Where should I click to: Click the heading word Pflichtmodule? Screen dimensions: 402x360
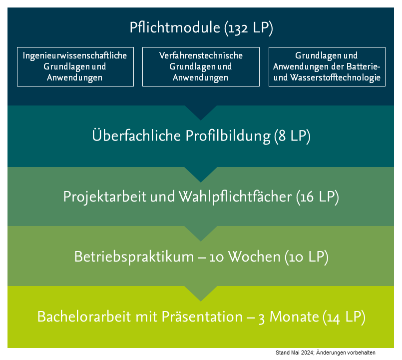tap(175, 27)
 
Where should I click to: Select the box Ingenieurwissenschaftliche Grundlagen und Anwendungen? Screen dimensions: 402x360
tap(75, 67)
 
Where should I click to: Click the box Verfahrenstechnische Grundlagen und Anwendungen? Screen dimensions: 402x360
tap(201, 67)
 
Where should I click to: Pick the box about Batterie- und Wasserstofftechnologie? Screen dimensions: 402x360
tap(327, 67)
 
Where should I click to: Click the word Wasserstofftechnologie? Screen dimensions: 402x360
tap(336, 77)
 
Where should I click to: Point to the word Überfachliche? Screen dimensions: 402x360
tap(136, 135)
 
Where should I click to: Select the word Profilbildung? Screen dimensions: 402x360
tap(228, 136)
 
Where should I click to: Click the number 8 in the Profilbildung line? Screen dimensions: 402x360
tap(282, 136)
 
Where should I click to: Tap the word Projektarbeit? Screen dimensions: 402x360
tap(104, 197)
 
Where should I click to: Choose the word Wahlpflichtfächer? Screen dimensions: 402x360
tap(235, 197)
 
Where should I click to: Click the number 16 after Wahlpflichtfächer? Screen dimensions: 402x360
tap(307, 197)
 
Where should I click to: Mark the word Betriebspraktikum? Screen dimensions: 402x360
tap(134, 257)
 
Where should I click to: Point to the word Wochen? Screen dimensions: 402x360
tap(254, 257)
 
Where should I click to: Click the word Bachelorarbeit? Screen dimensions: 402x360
tap(84, 316)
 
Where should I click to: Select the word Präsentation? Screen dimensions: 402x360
tap(202, 316)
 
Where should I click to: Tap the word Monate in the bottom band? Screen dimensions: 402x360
tap(294, 316)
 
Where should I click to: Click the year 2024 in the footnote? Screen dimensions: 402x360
tap(307, 353)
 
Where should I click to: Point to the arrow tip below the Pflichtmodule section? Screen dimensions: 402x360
tap(201, 120)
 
